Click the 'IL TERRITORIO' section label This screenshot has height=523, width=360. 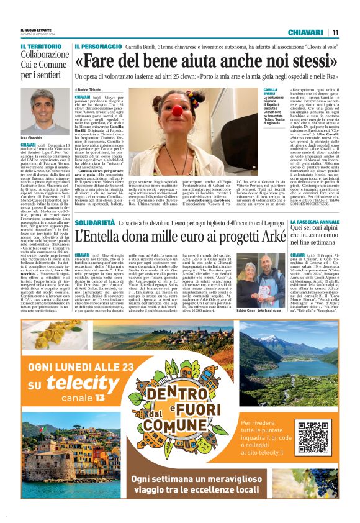[41, 47]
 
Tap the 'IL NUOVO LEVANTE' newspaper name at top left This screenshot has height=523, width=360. [36, 30]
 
